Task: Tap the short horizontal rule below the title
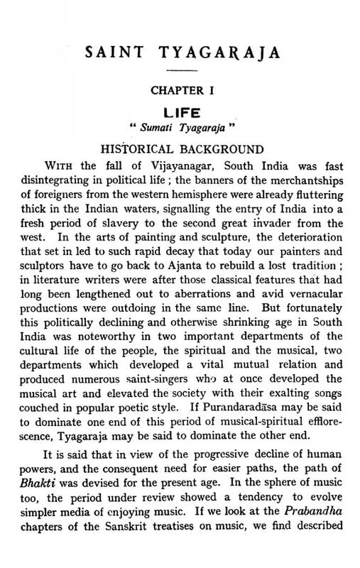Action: (x=181, y=71)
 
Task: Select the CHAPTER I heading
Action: (x=181, y=91)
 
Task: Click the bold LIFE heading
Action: (x=181, y=113)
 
